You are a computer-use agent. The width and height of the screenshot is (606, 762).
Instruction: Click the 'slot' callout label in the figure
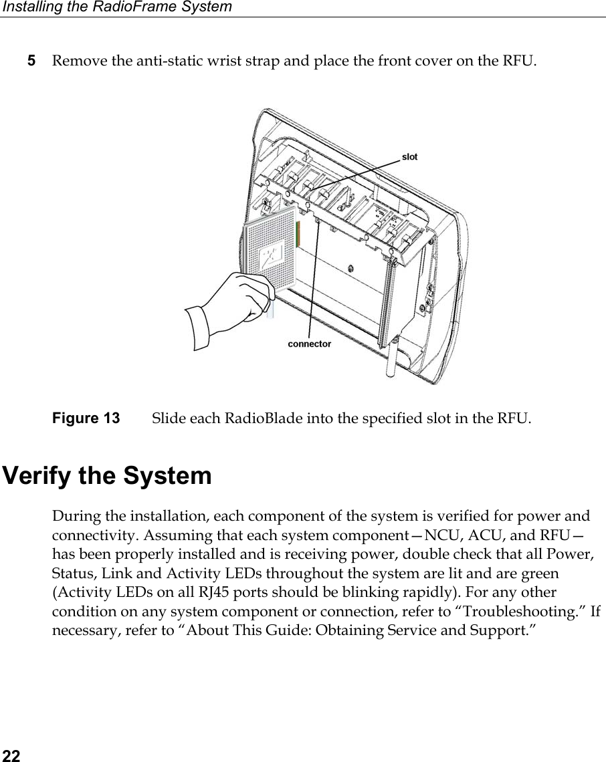click(409, 156)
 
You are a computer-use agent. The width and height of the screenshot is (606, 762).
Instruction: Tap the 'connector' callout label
click(309, 344)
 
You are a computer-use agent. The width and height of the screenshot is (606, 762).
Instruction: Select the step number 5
click(31, 61)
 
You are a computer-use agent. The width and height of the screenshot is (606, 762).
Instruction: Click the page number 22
click(10, 755)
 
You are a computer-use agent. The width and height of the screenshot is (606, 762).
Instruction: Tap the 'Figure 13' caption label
click(86, 419)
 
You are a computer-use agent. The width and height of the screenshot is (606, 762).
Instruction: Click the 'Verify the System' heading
click(108, 477)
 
